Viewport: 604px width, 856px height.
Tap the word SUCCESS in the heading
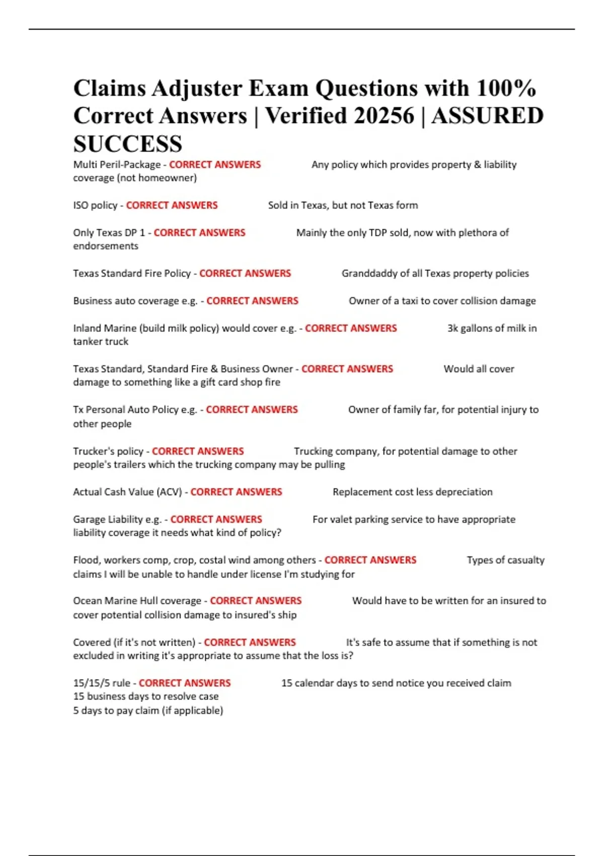pyautogui.click(x=128, y=144)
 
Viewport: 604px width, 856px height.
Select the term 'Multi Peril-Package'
pyautogui.click(x=117, y=165)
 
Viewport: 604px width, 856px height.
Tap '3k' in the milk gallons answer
pyautogui.click(x=452, y=328)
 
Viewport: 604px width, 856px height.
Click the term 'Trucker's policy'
pyautogui.click(x=108, y=451)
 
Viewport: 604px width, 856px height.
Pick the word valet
pyautogui.click(x=342, y=519)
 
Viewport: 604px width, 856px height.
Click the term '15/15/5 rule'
pyautogui.click(x=102, y=683)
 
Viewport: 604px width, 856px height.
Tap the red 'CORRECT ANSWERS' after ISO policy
pyautogui.click(x=172, y=205)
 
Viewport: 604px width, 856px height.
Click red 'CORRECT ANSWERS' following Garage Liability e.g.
pyautogui.click(x=216, y=519)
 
